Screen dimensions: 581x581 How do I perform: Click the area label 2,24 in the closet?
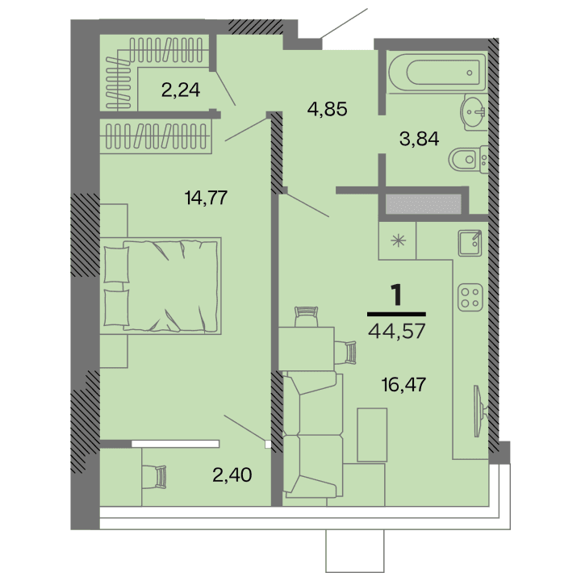[x=180, y=90]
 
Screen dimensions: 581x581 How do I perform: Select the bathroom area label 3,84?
[x=419, y=138]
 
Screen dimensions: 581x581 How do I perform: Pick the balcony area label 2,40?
[x=232, y=474]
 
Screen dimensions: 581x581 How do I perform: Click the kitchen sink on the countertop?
[x=469, y=241]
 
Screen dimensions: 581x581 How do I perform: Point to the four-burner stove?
[x=470, y=298]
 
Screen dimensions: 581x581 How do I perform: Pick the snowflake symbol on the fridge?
[x=397, y=240]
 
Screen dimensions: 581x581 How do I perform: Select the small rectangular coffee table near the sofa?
[x=373, y=435]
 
